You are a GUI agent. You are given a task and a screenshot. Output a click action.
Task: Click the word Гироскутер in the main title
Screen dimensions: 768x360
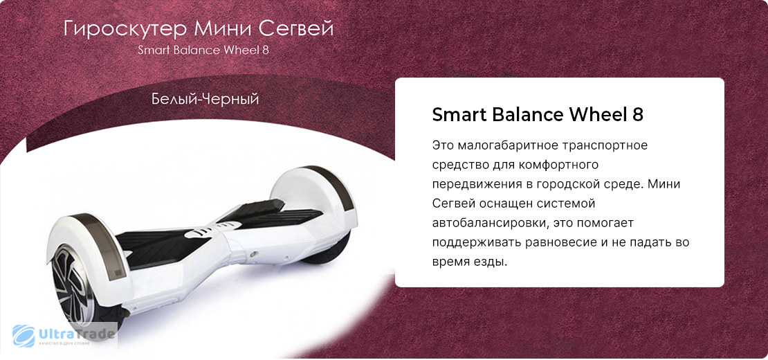[x=125, y=30]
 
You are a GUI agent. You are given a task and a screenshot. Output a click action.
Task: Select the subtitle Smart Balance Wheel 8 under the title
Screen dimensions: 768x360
[x=203, y=51]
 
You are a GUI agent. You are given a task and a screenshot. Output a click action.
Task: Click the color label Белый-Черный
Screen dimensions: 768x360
[x=205, y=100]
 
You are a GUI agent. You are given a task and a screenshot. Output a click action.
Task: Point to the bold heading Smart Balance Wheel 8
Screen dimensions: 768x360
[x=538, y=116]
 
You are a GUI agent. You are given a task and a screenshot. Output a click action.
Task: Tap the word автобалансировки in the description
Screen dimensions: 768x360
[x=487, y=224]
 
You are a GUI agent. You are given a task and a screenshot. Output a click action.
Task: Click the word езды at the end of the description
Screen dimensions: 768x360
[x=490, y=262]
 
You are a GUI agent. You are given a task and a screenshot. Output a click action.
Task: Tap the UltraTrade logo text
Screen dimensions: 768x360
[x=76, y=334]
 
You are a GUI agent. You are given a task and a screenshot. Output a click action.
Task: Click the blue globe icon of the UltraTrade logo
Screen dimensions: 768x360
[x=23, y=336]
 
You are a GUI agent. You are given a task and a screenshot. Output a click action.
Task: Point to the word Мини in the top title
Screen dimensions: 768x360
[x=223, y=29]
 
